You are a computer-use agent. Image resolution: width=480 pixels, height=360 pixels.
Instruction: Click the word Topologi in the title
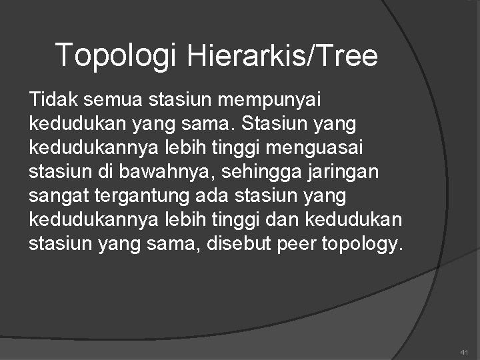(x=115, y=55)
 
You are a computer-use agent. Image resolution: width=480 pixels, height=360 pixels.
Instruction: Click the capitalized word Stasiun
(x=273, y=124)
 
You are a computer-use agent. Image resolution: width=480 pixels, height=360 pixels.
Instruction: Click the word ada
(x=212, y=196)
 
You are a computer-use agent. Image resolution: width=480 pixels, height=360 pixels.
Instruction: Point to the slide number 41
(x=464, y=351)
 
